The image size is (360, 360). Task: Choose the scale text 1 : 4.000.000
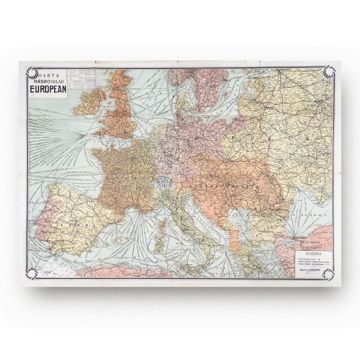click(308, 271)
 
